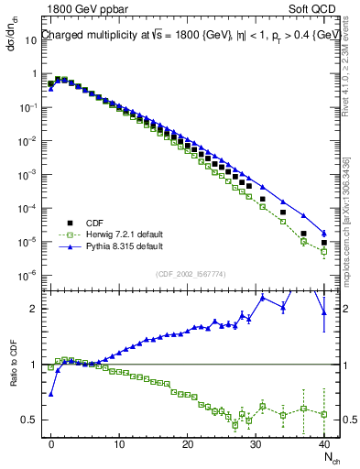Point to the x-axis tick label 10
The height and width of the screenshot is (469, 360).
(119, 442)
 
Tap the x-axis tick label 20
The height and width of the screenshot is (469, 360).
(188, 442)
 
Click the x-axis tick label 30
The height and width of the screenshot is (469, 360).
(256, 442)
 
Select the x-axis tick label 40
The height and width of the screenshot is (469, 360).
(324, 442)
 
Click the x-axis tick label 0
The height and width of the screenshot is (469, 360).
(51, 442)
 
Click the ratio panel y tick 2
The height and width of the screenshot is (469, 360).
(33, 309)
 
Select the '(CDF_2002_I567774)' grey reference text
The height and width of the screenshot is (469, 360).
(188, 274)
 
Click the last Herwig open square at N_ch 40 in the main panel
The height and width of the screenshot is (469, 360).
(324, 252)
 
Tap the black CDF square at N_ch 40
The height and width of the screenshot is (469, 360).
(324, 244)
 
